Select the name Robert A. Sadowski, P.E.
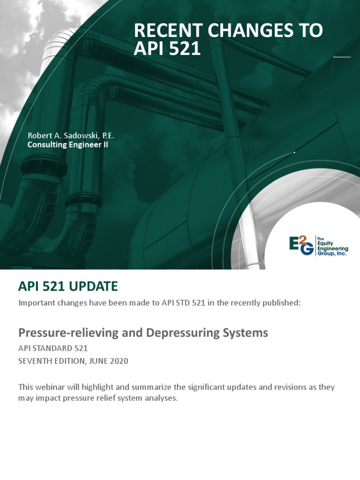coord(71,135)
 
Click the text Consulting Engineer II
coord(68,145)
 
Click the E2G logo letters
coord(301,246)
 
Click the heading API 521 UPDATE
coord(68,286)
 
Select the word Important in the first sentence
coord(36,303)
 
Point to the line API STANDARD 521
coord(53,348)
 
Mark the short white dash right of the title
coord(342,57)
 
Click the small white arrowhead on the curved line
coord(294,152)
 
